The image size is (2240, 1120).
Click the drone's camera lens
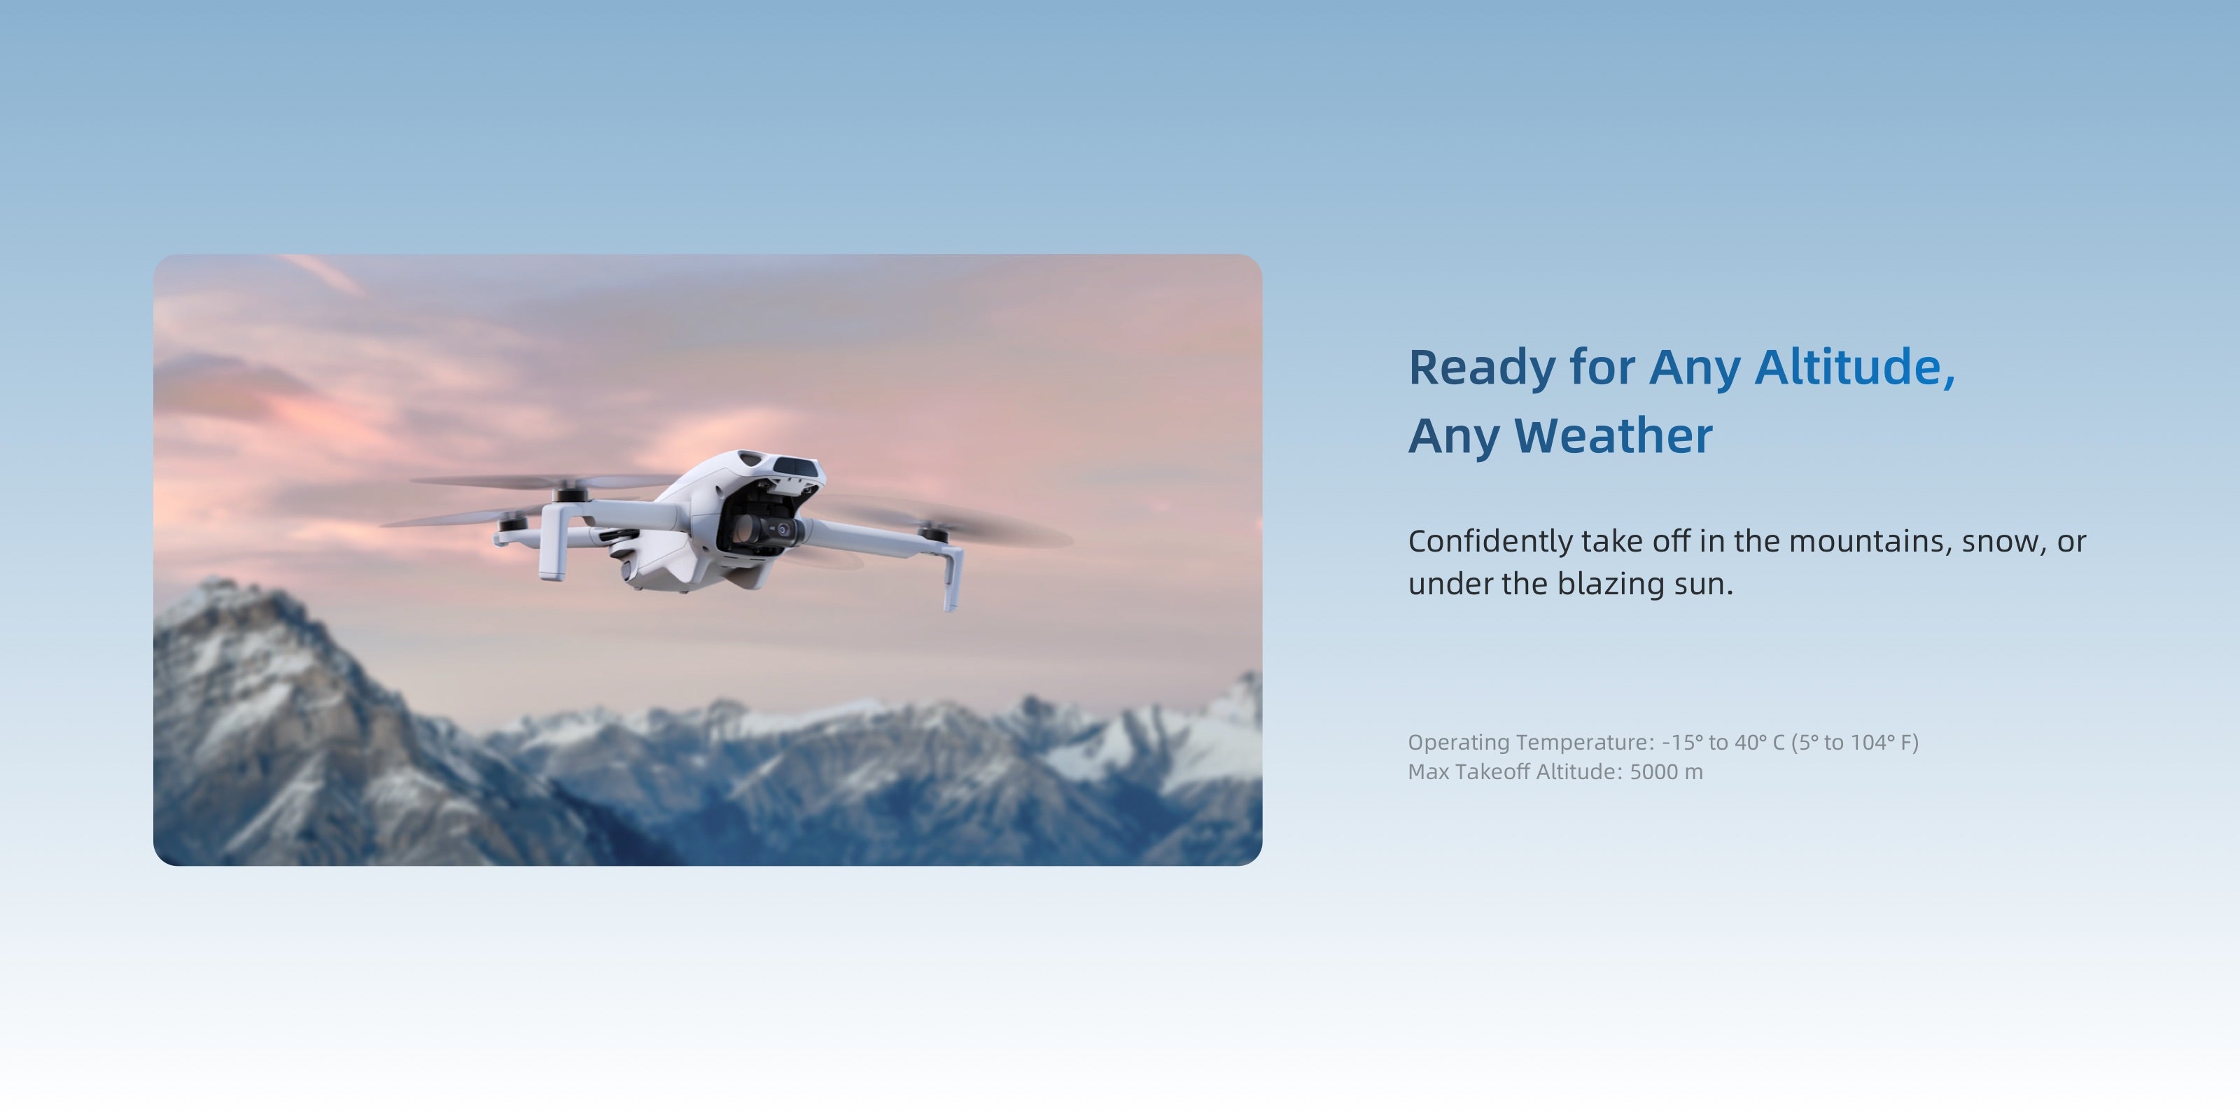(783, 528)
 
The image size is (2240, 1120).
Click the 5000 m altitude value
(1666, 771)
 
